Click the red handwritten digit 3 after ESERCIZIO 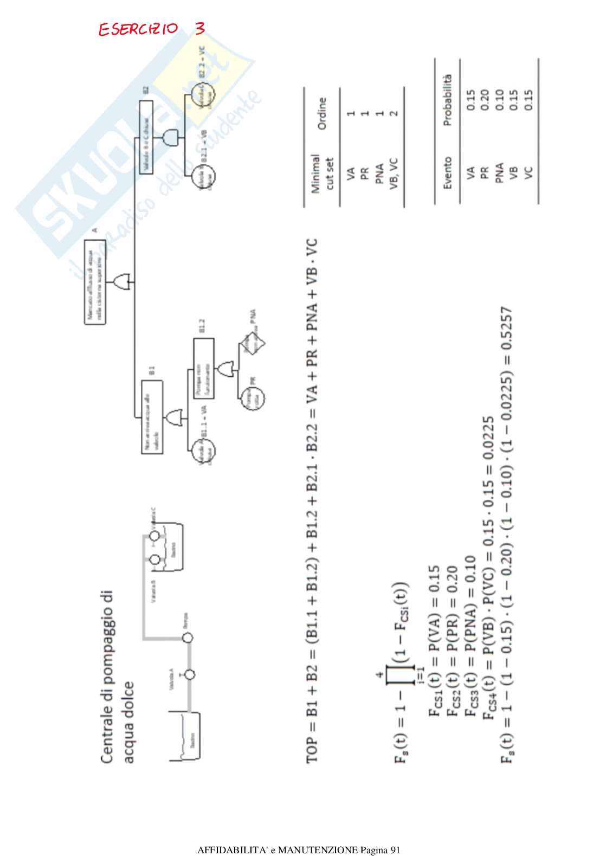[199, 28]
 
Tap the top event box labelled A [95, 286]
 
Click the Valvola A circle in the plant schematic [189, 675]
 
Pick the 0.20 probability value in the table [485, 96]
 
